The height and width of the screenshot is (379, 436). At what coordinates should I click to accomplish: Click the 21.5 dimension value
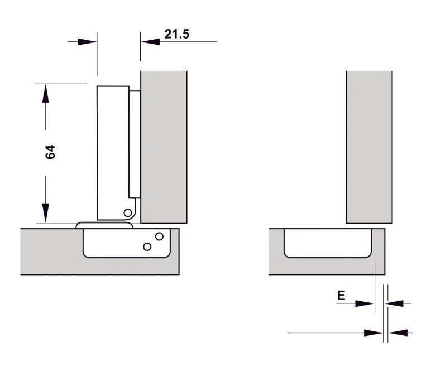pos(176,34)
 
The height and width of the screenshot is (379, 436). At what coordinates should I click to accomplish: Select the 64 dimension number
pos(50,152)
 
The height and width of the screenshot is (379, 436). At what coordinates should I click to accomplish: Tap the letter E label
pos(341,296)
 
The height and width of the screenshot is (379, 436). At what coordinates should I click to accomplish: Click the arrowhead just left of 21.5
pos(148,41)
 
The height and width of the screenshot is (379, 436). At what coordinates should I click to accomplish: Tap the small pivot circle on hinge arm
pos(128,212)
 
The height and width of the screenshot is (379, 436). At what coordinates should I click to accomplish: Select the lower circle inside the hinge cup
pos(147,247)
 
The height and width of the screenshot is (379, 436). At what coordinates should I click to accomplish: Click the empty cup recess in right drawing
pos(328,241)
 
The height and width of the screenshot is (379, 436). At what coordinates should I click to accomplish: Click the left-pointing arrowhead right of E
pos(395,304)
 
